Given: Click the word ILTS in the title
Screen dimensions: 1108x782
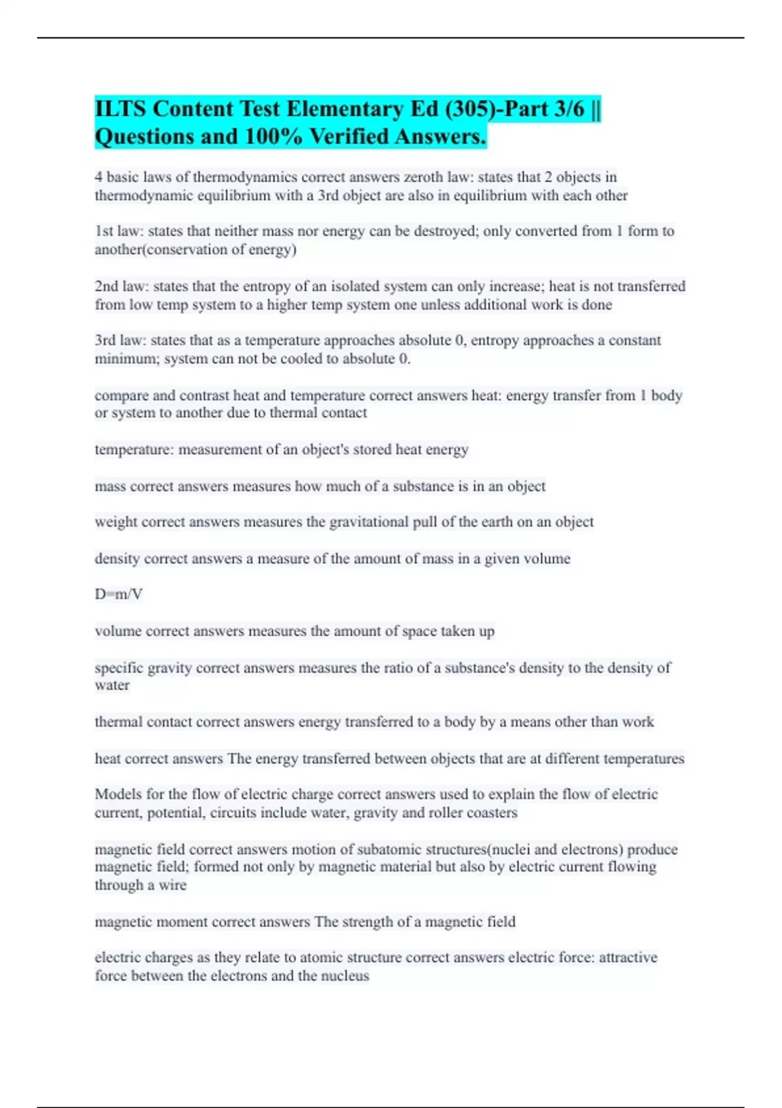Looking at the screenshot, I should pos(120,109).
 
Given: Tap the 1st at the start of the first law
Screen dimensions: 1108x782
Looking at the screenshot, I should pos(104,231).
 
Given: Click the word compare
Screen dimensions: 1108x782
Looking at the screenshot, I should pos(121,396).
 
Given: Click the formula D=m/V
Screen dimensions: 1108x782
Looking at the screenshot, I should pos(119,594).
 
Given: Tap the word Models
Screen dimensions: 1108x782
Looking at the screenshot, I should pos(118,795).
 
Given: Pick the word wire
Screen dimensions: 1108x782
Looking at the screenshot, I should pos(172,885).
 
